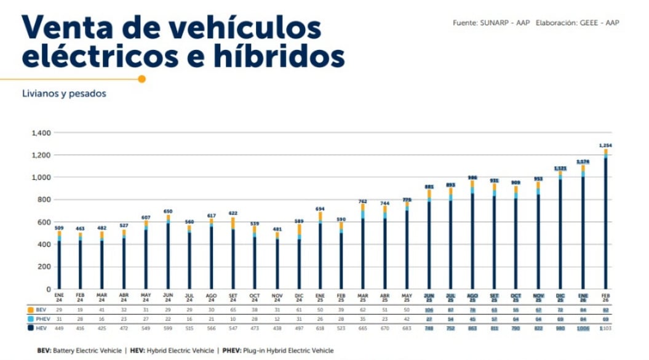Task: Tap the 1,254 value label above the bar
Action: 605,145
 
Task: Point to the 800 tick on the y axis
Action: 44,200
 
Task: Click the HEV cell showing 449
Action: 59,328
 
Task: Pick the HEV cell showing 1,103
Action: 605,328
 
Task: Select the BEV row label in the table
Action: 40,310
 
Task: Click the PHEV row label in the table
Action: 41,319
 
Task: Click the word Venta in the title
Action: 68,28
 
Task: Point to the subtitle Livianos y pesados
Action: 64,94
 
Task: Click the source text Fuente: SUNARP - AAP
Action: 491,23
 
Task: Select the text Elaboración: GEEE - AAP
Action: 577,23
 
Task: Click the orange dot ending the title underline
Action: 142,79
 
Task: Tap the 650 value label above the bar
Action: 168,211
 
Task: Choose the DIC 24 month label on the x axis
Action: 299,297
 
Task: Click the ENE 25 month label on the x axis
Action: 321,297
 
